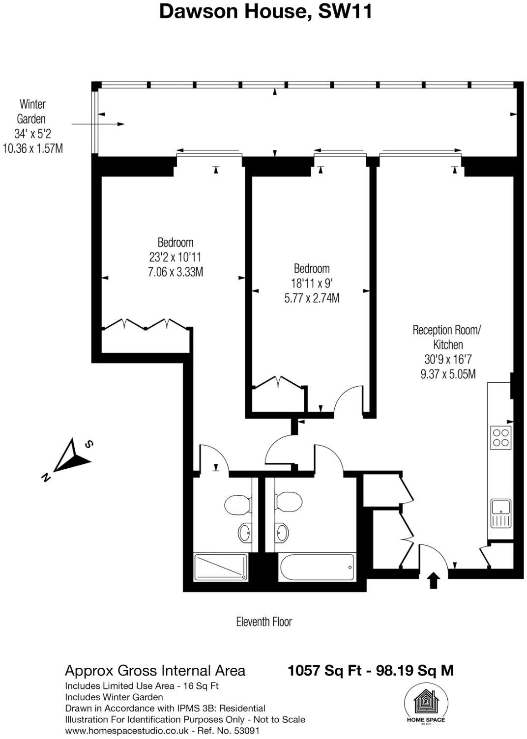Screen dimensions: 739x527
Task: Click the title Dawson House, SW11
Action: pyautogui.click(x=265, y=12)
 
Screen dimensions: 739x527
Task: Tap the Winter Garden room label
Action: pyautogui.click(x=32, y=112)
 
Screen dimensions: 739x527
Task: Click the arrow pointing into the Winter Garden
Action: pyautogui.click(x=98, y=124)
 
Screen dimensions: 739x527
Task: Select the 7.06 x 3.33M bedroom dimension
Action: pyautogui.click(x=176, y=272)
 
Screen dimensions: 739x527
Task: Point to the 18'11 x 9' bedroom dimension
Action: pyautogui.click(x=312, y=283)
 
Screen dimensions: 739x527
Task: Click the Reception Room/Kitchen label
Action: pyautogui.click(x=447, y=337)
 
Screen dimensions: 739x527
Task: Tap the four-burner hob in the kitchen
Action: pyautogui.click(x=501, y=437)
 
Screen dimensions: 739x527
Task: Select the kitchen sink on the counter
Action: pyautogui.click(x=500, y=513)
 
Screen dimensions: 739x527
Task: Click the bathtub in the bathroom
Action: pyautogui.click(x=316, y=568)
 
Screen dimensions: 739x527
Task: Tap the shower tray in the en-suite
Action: pyautogui.click(x=221, y=567)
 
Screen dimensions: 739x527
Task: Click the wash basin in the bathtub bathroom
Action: pyautogui.click(x=282, y=531)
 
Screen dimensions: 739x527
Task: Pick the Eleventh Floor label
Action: pyautogui.click(x=264, y=622)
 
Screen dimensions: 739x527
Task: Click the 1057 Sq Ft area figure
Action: pyautogui.click(x=327, y=671)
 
